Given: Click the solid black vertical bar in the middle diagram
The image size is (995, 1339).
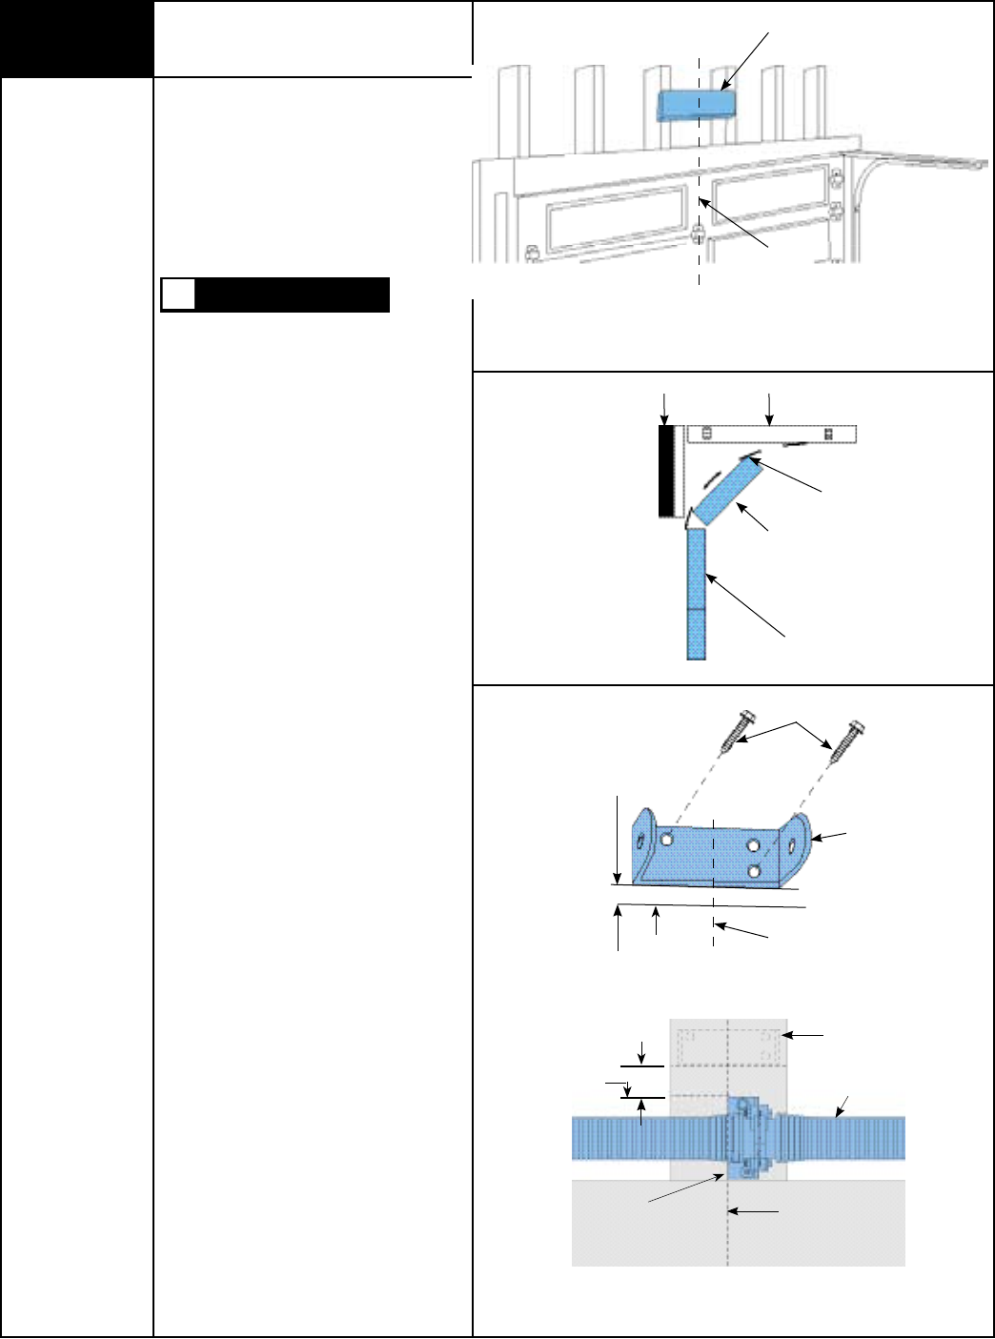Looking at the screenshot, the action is (x=666, y=472).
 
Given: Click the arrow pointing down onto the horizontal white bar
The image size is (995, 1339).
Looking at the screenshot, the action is (x=769, y=407).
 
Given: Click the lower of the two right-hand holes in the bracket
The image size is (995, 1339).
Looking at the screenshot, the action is (x=754, y=870).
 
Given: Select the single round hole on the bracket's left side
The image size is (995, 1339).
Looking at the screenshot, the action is (x=666, y=838).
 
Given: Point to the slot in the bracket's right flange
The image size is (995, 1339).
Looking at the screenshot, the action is (x=793, y=844).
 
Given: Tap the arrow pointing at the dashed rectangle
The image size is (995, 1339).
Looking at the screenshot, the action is (x=807, y=1034).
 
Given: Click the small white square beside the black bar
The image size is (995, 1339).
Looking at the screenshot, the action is (x=177, y=294).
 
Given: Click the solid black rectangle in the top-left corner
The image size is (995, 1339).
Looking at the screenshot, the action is (x=76, y=39).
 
